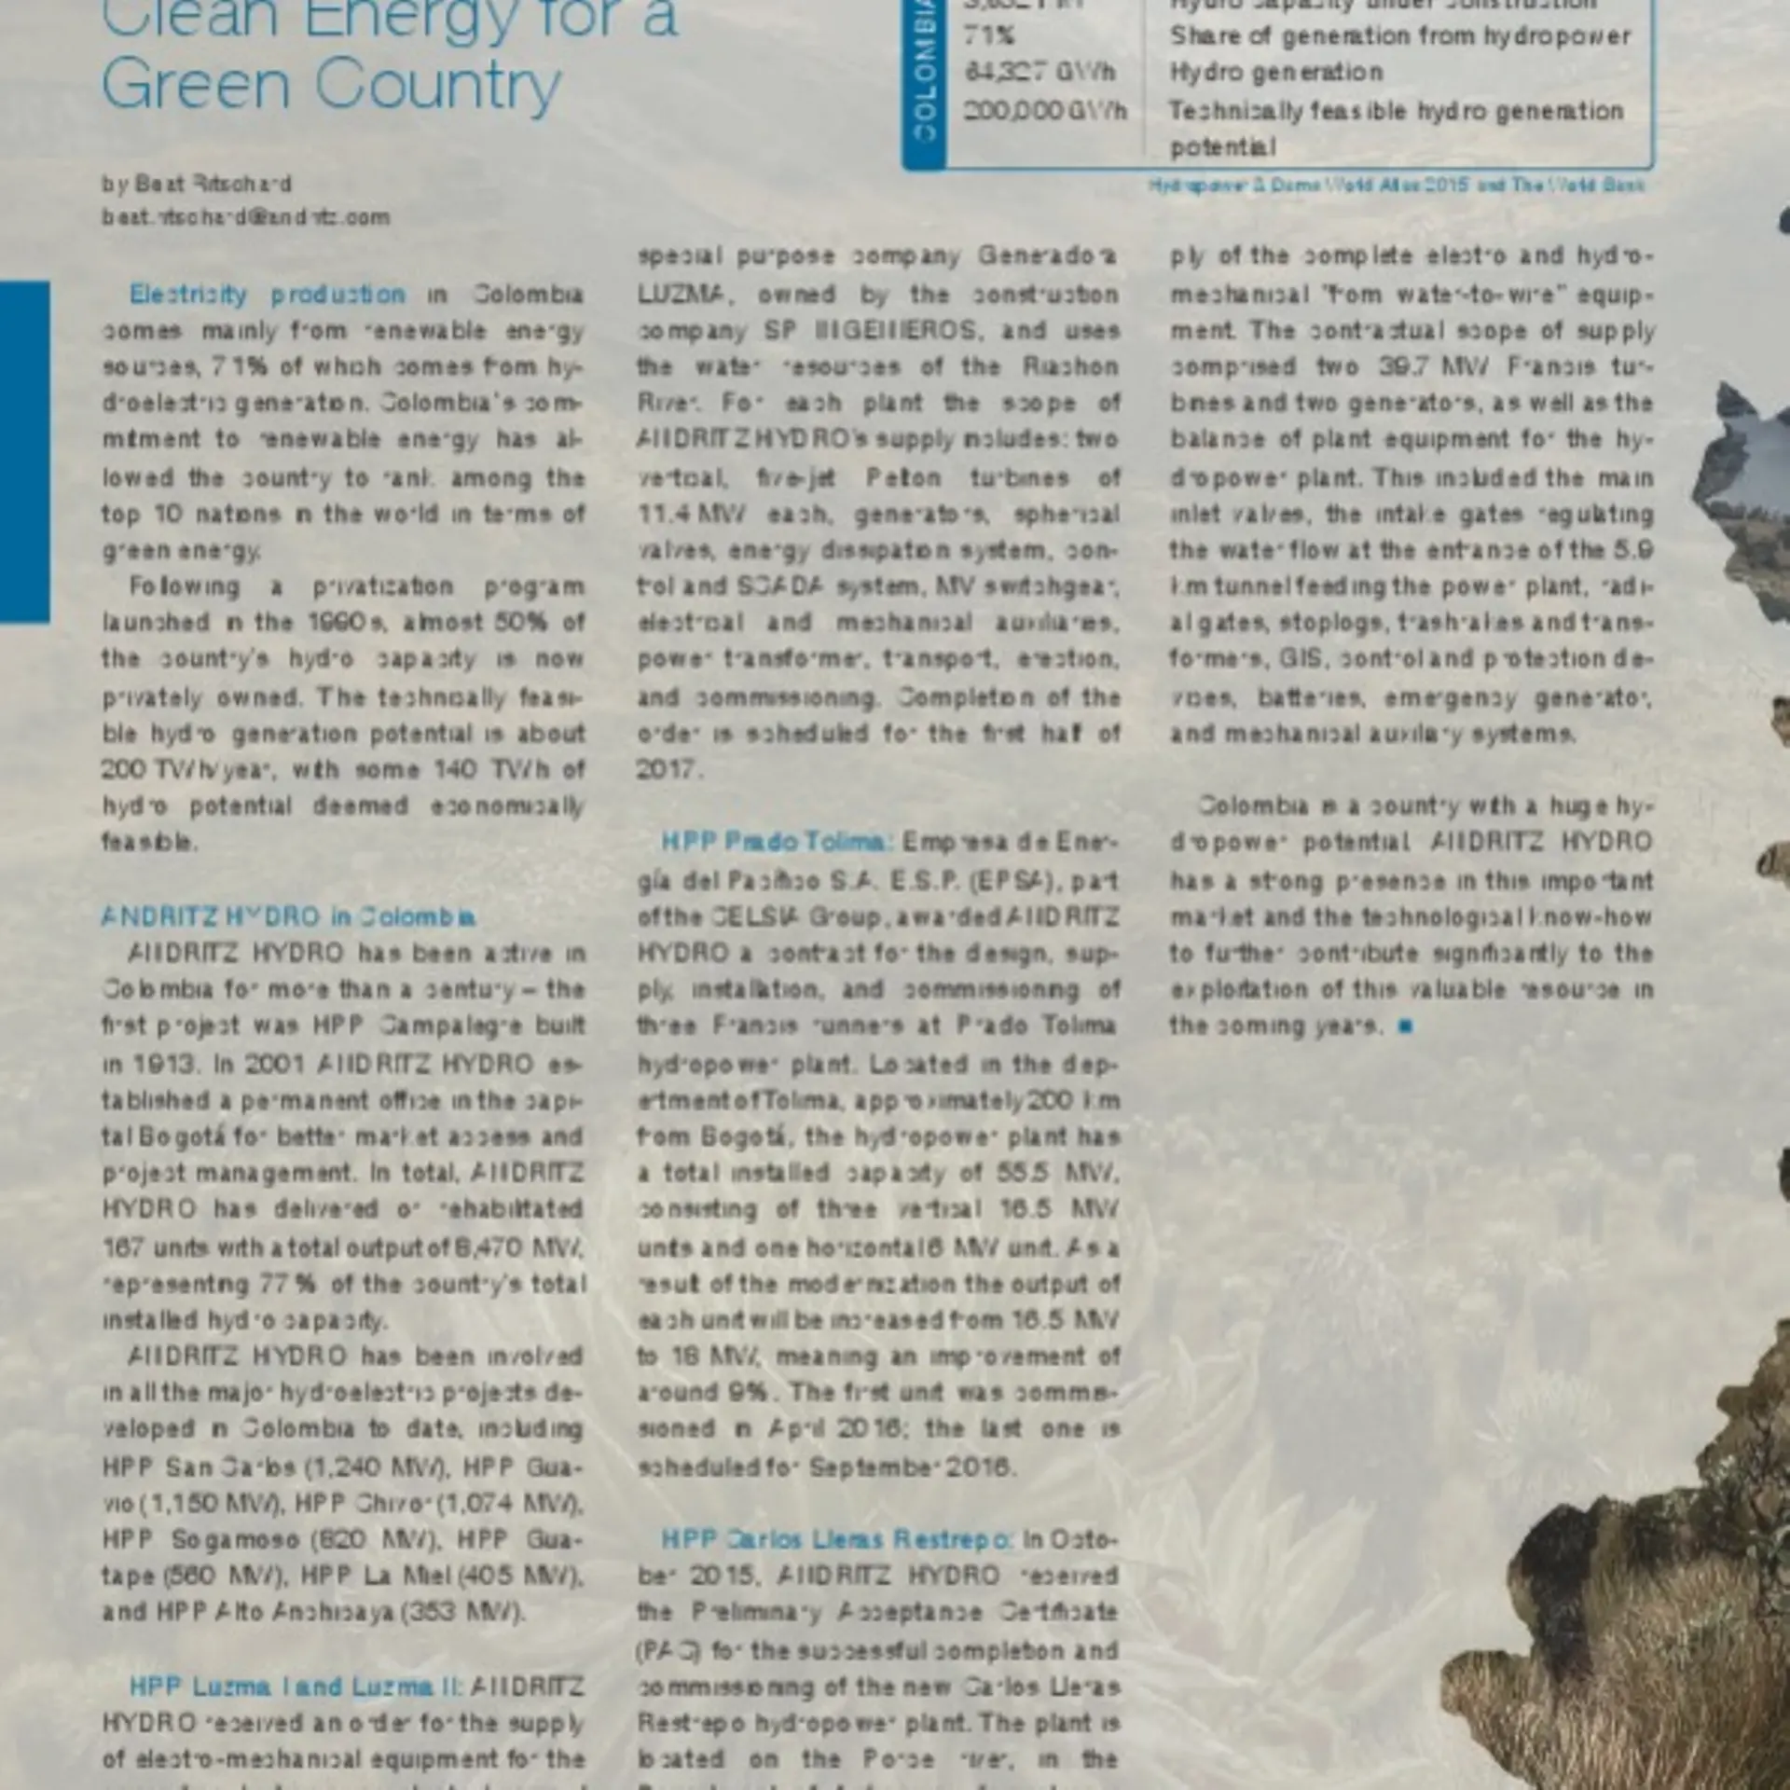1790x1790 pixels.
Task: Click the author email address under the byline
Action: [x=245, y=217]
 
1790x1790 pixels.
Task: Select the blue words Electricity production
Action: [x=268, y=295]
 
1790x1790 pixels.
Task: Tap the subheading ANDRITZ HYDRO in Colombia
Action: [x=288, y=917]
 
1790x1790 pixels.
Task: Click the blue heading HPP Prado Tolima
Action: [x=778, y=843]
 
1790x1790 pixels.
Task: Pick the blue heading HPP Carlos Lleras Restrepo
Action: [x=836, y=1539]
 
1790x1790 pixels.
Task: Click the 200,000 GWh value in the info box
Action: [x=1044, y=111]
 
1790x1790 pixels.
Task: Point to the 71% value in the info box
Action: [x=989, y=36]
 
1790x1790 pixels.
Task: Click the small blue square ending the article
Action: [x=1406, y=1026]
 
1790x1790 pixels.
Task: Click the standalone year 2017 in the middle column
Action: [x=668, y=770]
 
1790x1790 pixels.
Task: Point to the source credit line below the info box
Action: [x=1397, y=186]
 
